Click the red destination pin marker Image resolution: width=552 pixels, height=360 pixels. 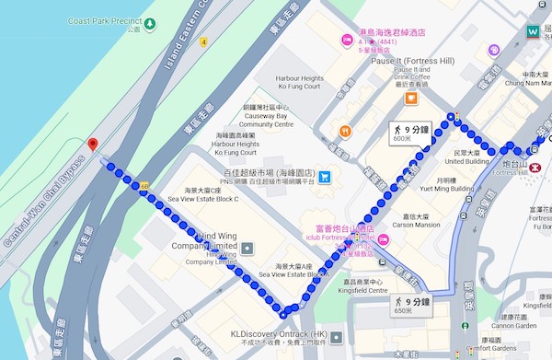pyautogui.click(x=92, y=145)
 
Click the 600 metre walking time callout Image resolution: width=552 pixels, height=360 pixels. pyautogui.click(x=410, y=132)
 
